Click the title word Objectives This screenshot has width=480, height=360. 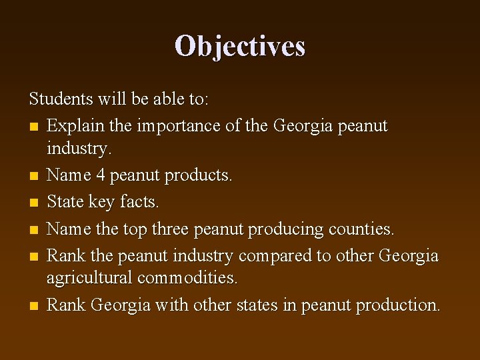(x=240, y=46)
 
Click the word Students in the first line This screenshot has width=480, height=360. (x=60, y=99)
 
